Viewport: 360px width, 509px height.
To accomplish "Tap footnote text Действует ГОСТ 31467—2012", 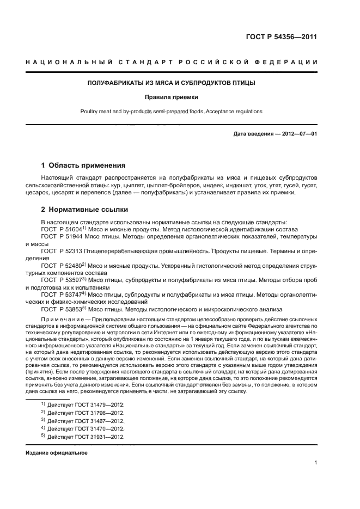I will tap(86, 421).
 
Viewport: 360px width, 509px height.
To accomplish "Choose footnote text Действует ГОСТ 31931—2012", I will tap(86, 437).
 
